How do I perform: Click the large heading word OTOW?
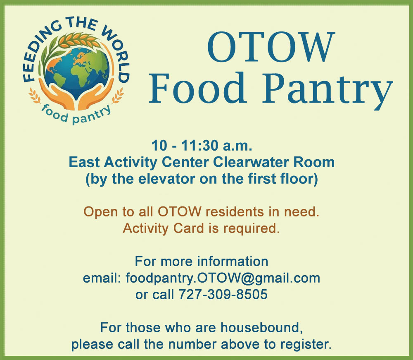pos(271,47)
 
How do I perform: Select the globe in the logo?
pos(77,71)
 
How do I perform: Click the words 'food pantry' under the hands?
pos(76,115)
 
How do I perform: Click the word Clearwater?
pos(251,162)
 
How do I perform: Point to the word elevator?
pos(167,179)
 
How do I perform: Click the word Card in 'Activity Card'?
pos(189,228)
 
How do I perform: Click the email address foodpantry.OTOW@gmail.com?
pos(223,278)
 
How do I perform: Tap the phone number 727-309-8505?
pos(223,295)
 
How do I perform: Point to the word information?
pos(233,261)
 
